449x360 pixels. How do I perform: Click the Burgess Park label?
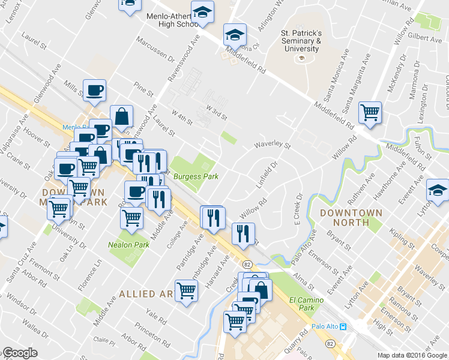pyautogui.click(x=195, y=176)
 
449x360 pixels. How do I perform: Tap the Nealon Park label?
pyautogui.click(x=128, y=245)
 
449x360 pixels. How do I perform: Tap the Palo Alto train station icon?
pyautogui.click(x=343, y=326)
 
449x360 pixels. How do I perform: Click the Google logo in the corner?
pyautogui.click(x=20, y=353)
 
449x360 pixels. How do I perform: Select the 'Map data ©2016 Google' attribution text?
pyautogui.click(x=412, y=355)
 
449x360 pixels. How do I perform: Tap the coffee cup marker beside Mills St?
pyautogui.click(x=95, y=91)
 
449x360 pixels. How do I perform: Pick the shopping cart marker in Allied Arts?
pyautogui.click(x=186, y=291)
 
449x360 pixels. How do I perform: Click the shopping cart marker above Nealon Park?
pyautogui.click(x=132, y=218)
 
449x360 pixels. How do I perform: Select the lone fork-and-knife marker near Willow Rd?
pyautogui.click(x=243, y=233)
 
